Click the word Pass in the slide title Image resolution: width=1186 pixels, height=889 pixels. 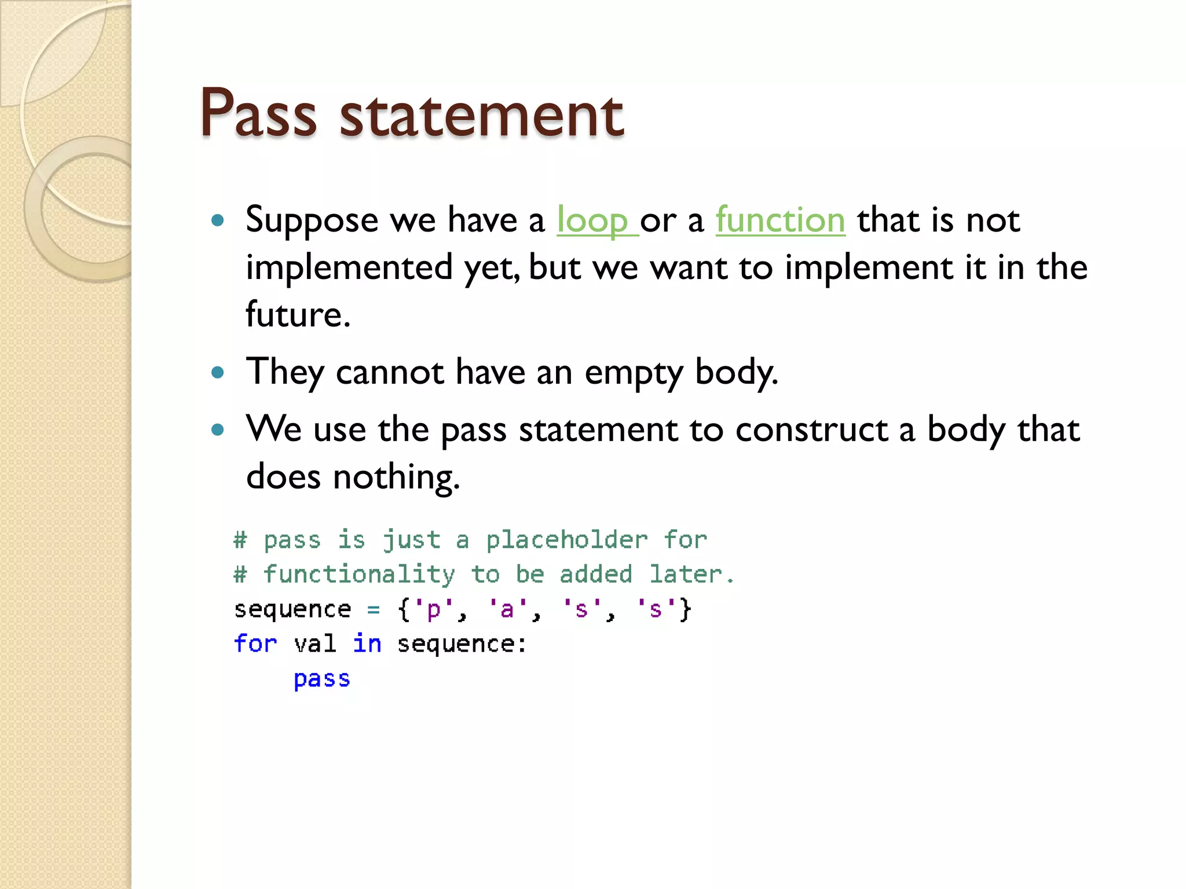[258, 113]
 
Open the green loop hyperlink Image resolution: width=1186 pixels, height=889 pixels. [592, 221]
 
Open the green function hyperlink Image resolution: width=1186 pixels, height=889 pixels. [780, 221]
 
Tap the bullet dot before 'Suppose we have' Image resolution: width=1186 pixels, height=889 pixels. [218, 220]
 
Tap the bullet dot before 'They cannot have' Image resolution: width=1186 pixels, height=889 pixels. [218, 372]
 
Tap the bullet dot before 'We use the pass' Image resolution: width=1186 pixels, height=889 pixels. [218, 429]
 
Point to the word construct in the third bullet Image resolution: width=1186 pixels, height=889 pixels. [811, 430]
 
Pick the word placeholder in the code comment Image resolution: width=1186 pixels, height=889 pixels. [566, 540]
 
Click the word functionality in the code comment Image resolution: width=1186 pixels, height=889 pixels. [359, 574]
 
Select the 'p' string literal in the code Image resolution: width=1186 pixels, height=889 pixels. [433, 609]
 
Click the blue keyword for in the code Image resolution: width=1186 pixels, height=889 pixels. [255, 644]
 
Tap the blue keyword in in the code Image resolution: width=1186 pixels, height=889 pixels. [367, 644]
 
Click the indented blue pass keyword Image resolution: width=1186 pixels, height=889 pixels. [321, 679]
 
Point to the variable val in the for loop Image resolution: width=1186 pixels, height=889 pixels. [314, 644]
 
